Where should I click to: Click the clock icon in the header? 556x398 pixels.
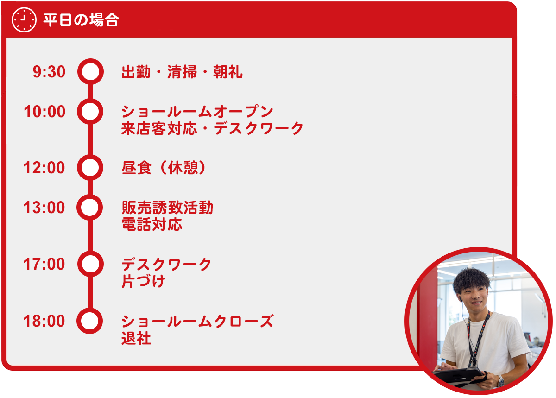pyautogui.click(x=24, y=19)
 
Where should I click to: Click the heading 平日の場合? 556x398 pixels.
pyautogui.click(x=81, y=20)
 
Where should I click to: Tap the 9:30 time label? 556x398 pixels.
pyautogui.click(x=49, y=72)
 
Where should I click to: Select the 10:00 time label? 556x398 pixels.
pyautogui.click(x=44, y=112)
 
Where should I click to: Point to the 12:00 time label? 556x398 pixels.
pyautogui.click(x=44, y=168)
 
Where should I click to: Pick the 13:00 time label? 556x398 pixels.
pyautogui.click(x=44, y=208)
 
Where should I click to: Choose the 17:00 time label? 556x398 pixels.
pyautogui.click(x=44, y=264)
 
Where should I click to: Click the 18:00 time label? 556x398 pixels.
pyautogui.click(x=44, y=321)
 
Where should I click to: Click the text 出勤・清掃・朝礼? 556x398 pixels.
pyautogui.click(x=182, y=72)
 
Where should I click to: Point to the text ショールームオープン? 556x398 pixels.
pyautogui.click(x=197, y=112)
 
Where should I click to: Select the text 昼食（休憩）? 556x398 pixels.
pyautogui.click(x=164, y=168)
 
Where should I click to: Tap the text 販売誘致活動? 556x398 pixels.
pyautogui.click(x=167, y=208)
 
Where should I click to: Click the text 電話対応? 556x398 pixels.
pyautogui.click(x=152, y=224)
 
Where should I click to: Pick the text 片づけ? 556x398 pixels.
pyautogui.click(x=144, y=281)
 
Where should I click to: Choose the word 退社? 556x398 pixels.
pyautogui.click(x=136, y=338)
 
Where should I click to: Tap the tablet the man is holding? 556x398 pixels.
pyautogui.click(x=459, y=376)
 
